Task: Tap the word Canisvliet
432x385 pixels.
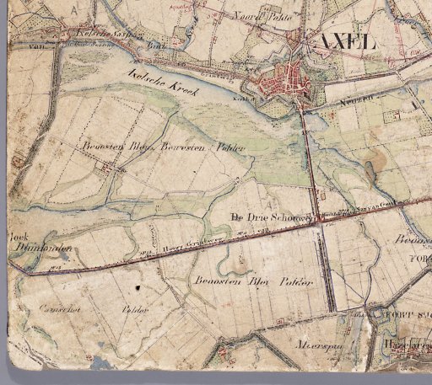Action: coord(41,309)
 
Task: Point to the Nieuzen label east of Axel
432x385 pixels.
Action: coord(337,98)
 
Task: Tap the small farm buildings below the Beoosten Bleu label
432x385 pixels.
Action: coord(108,169)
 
